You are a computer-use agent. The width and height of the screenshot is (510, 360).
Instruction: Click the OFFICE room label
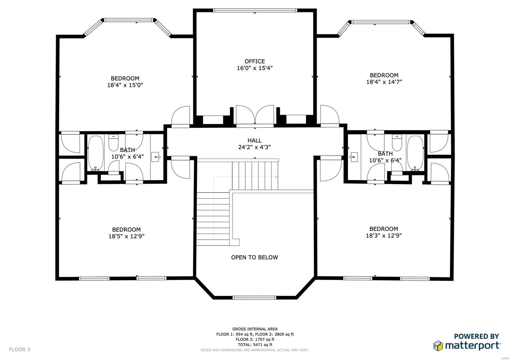tap(254, 61)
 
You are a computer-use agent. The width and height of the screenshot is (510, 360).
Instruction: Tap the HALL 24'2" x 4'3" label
tap(254, 144)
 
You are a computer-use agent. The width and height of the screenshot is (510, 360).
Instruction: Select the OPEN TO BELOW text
tap(254, 257)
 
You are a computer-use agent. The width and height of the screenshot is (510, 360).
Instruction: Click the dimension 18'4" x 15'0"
tap(125, 85)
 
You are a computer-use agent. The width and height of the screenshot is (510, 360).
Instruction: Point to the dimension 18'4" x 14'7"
tap(384, 82)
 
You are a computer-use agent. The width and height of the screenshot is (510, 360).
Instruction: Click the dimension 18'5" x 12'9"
tap(126, 236)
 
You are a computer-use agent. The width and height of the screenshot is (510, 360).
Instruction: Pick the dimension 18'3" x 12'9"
tap(383, 235)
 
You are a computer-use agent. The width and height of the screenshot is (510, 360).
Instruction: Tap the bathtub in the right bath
tap(415, 153)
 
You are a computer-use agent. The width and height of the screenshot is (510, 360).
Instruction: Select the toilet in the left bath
tap(113, 142)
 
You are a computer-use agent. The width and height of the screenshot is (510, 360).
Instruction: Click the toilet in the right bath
tap(397, 143)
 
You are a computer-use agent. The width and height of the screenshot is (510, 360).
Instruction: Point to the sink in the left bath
tap(155, 157)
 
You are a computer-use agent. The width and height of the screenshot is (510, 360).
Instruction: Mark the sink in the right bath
tap(353, 157)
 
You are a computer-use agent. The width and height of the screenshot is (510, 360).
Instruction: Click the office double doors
tap(254, 115)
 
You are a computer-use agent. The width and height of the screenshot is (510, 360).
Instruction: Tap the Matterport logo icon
tap(438, 346)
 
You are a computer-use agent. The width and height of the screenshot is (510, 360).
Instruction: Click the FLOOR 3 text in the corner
tap(19, 349)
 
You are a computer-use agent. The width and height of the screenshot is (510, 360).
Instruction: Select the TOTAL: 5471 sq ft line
tap(255, 345)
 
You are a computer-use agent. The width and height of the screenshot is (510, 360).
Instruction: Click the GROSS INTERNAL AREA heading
tap(255, 329)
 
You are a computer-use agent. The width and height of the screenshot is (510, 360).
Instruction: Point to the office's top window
tap(255, 11)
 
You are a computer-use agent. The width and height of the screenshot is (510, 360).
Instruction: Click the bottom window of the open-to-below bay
tap(254, 298)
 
